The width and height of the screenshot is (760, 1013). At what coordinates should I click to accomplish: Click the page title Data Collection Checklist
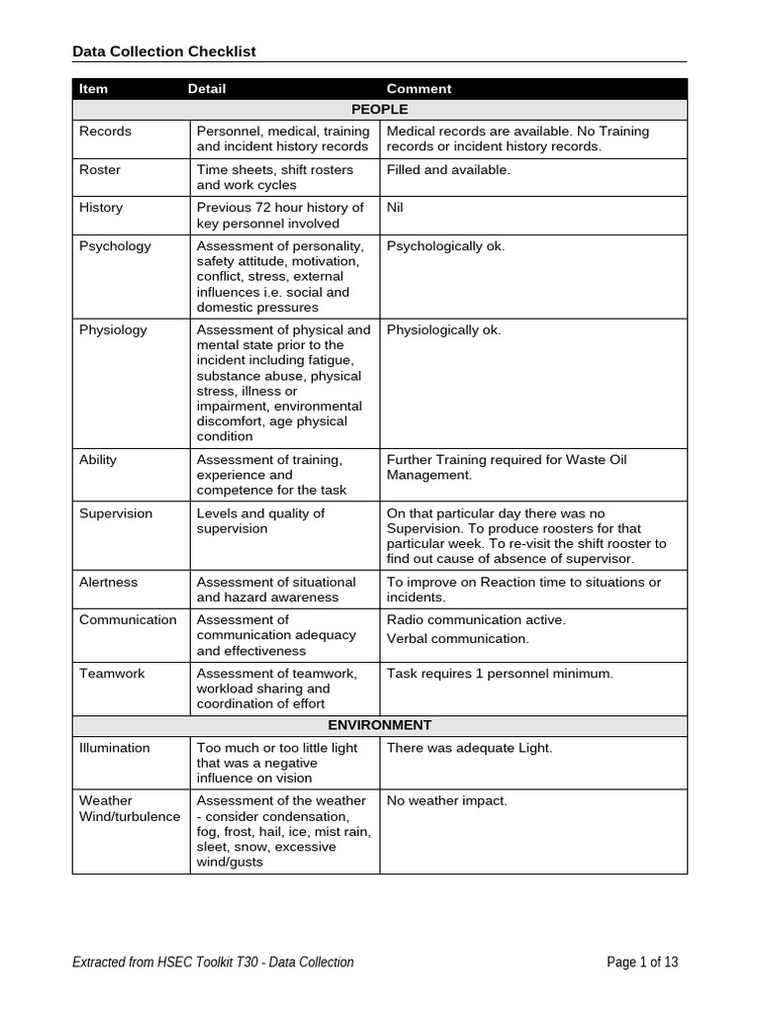click(x=164, y=51)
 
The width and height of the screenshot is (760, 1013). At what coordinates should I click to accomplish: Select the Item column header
click(x=93, y=89)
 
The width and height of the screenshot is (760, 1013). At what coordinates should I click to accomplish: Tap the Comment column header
click(x=419, y=89)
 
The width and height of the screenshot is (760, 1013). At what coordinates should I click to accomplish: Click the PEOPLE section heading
click(x=379, y=109)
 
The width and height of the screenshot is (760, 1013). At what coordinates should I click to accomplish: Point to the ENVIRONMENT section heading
click(x=379, y=725)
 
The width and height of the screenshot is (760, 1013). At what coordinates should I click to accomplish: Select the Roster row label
click(x=100, y=170)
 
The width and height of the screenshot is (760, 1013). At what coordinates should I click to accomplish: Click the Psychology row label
click(x=115, y=246)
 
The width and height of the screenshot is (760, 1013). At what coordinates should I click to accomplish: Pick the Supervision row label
click(x=116, y=513)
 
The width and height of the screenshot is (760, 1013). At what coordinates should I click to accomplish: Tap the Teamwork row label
click(x=112, y=674)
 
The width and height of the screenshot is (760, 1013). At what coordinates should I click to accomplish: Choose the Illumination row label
click(x=115, y=748)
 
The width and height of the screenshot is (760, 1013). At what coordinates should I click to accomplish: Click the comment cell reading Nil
click(x=395, y=208)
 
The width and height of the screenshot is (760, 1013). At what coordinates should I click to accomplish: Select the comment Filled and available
click(x=448, y=170)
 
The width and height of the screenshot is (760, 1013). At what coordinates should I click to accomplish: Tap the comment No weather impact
click(x=446, y=801)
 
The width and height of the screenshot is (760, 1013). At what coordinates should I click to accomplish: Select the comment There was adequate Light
click(x=469, y=748)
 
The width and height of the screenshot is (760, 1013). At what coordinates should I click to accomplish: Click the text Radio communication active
click(x=476, y=620)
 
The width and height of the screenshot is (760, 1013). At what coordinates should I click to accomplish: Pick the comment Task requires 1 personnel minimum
click(x=500, y=674)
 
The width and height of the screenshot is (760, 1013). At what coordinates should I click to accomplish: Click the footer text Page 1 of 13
click(x=642, y=962)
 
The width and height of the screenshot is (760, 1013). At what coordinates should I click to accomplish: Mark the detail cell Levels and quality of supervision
click(x=260, y=521)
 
